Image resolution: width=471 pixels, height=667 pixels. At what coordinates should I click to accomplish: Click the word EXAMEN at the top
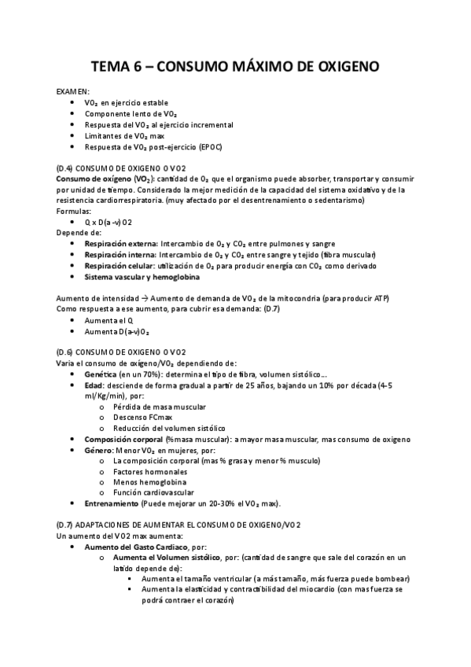(x=73, y=91)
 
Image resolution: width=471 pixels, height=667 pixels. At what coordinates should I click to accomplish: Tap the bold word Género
(x=100, y=451)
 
